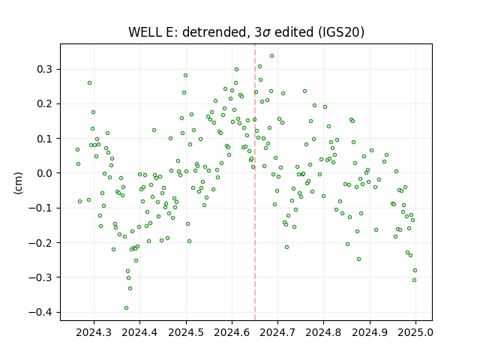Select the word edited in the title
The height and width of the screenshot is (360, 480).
coord(293,32)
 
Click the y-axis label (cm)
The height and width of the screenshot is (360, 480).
coord(18,183)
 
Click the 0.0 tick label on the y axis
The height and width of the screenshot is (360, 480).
coord(45,173)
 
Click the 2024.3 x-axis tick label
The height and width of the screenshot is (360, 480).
coord(94,332)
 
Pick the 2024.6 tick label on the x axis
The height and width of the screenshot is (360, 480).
coord(232,332)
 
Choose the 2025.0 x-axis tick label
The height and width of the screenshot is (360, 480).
coord(415,332)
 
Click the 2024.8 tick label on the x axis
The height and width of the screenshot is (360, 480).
coord(323,332)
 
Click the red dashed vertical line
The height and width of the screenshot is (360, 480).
coord(255,182)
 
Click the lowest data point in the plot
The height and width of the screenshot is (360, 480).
coord(126,308)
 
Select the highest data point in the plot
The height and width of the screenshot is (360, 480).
coord(271,56)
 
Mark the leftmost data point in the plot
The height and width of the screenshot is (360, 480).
coord(77,150)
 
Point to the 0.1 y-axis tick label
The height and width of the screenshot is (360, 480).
coord(45,139)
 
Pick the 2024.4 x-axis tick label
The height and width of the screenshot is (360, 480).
coord(139,332)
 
